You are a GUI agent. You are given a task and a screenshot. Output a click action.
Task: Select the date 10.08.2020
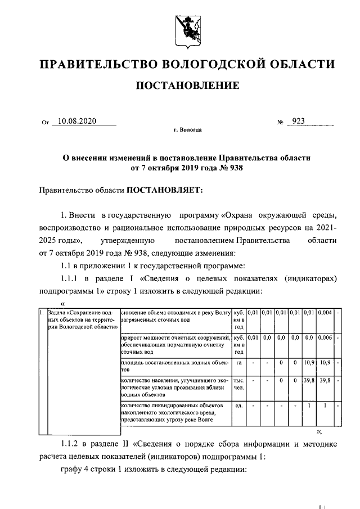pos(78,121)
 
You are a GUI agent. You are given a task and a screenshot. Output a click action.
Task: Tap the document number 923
pos(298,121)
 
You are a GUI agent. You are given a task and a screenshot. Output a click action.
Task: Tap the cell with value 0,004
pos(325,312)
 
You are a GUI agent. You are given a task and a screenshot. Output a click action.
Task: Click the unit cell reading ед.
pos(239,405)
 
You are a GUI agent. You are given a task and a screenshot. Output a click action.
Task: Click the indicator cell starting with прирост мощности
pos(175,344)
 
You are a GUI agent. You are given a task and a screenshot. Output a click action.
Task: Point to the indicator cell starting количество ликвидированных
pos(175,413)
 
